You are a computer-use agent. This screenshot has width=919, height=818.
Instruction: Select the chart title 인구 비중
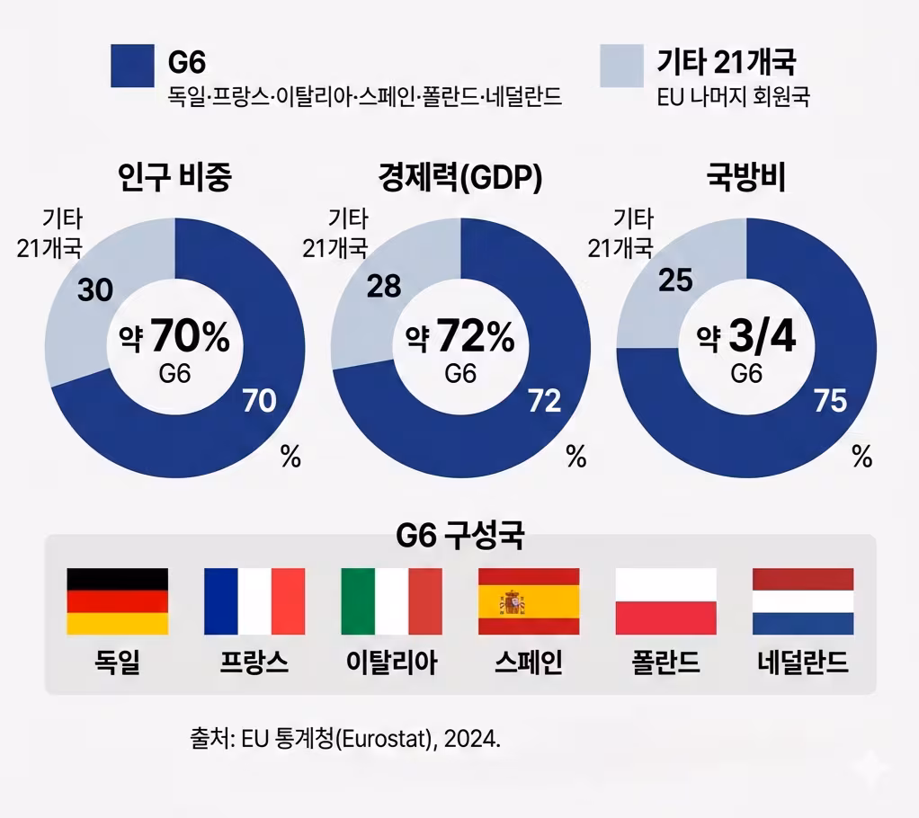point(175,178)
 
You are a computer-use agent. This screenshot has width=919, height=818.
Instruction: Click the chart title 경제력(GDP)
point(460,178)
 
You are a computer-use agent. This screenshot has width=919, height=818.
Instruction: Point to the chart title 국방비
point(746,178)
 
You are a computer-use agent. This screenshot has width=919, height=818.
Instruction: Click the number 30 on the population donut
point(94,290)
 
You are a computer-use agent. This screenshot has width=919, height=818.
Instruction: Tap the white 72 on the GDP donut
point(544,401)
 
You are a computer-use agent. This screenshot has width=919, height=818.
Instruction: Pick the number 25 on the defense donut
point(675,280)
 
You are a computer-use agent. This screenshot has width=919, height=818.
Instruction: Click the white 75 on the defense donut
point(830,401)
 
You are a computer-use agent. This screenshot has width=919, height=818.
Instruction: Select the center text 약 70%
point(175,339)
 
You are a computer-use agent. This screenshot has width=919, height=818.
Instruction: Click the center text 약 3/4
point(746,339)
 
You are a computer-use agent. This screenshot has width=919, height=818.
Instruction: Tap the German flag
point(118,601)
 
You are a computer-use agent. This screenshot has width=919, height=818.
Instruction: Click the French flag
point(254,601)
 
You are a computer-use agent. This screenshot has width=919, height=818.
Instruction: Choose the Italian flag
point(391,601)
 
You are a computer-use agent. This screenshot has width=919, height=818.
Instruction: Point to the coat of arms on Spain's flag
point(513,601)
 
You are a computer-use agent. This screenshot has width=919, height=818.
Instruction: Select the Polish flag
point(665,601)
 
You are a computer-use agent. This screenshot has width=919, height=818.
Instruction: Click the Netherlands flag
point(803,601)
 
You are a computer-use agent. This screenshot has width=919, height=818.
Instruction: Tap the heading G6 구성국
point(460,537)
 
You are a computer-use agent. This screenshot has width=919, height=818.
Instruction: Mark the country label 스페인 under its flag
point(529,663)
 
